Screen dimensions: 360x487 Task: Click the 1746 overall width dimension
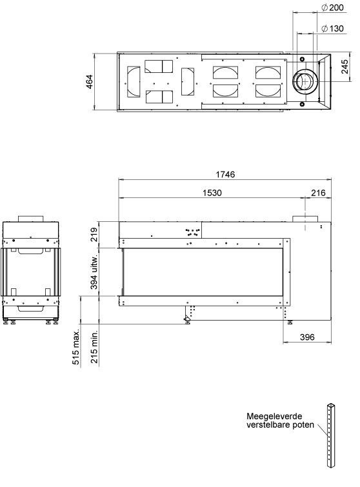tap(225, 174)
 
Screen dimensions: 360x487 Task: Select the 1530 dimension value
tap(212, 193)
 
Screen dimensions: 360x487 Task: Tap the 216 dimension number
tap(318, 193)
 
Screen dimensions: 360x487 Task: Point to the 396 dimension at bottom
tap(307, 337)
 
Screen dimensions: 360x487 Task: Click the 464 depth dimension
tap(90, 82)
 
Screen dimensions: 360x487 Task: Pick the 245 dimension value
tap(345, 67)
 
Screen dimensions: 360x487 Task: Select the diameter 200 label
tap(332, 8)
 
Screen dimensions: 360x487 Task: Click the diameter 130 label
tap(332, 28)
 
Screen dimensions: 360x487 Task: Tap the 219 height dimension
tap(94, 235)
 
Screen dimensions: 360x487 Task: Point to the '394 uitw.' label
tap(94, 272)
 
